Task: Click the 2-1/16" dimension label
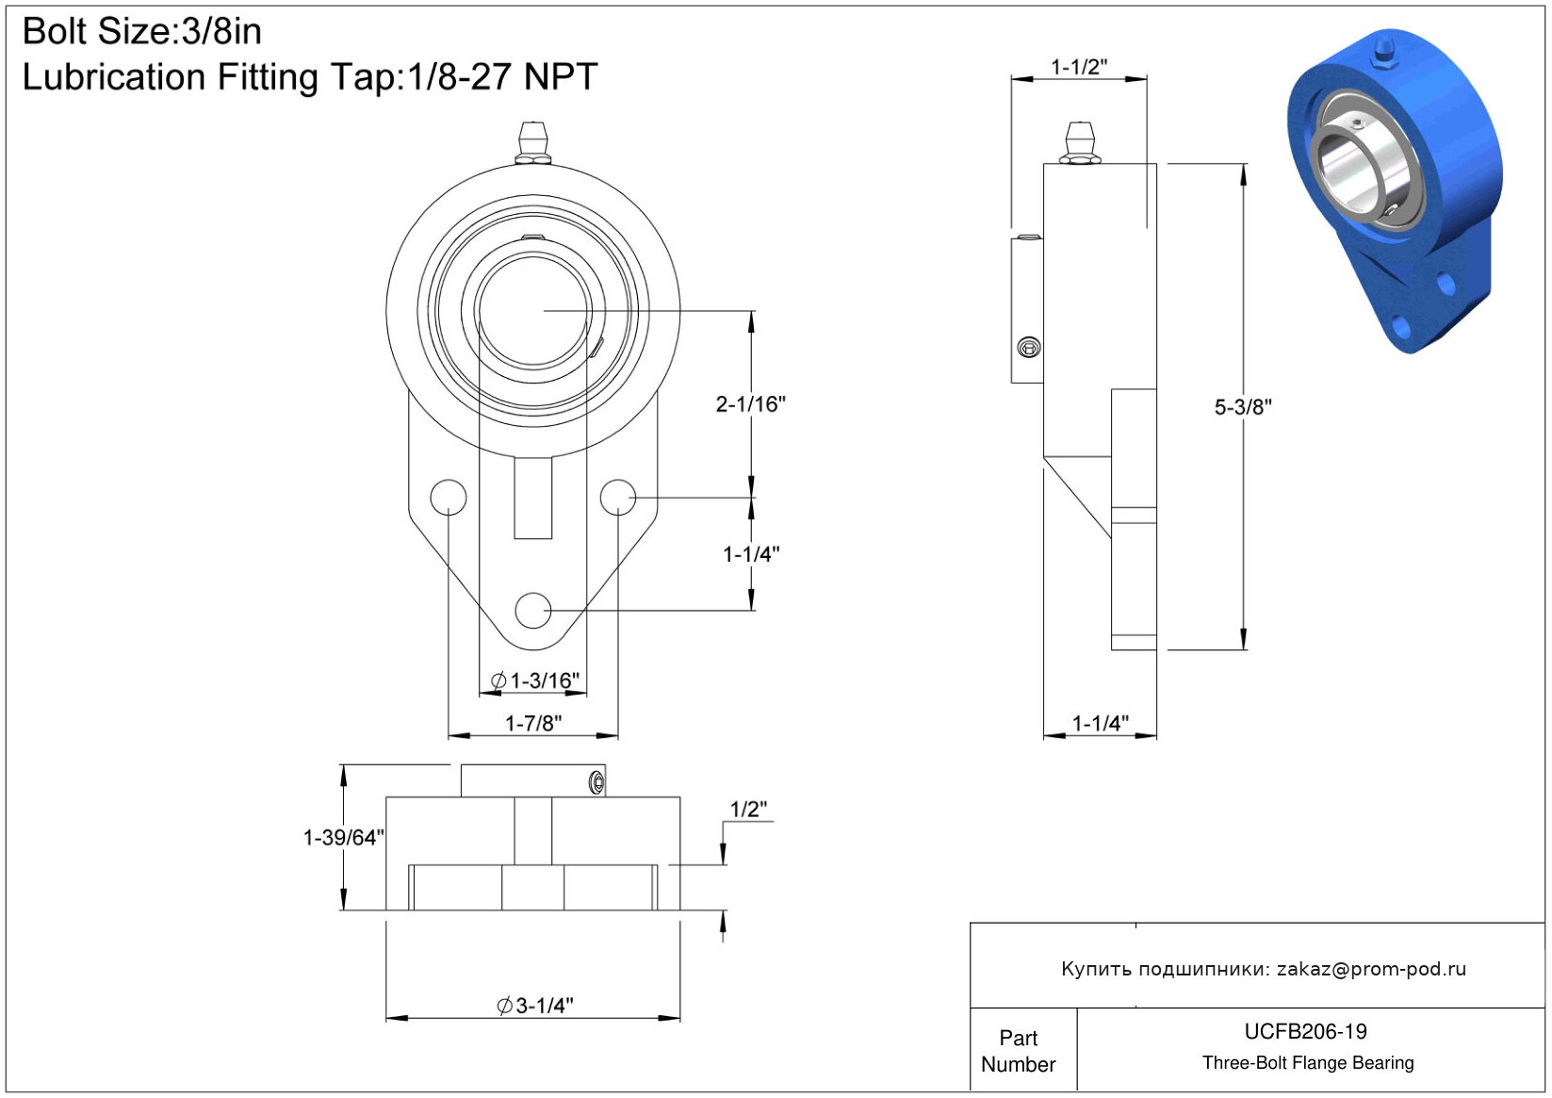pos(750,404)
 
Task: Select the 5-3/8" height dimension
pos(1242,407)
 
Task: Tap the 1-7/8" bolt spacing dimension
pos(533,723)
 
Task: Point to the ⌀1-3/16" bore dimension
pos(535,680)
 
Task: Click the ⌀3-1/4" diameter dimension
pos(535,1006)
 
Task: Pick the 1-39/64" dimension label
pos(343,837)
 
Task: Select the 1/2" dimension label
pos(748,809)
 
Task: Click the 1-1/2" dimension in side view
pos(1079,67)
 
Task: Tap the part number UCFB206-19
pos(1305,1031)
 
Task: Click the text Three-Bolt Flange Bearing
pos(1308,1063)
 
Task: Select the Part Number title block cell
pos(1018,1051)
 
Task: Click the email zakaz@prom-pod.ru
pos(1371,969)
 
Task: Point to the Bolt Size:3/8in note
pos(142,31)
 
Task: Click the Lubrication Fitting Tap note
pos(310,77)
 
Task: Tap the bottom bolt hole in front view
pos(533,610)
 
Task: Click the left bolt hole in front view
pos(449,497)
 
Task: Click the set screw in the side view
pos(1029,348)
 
